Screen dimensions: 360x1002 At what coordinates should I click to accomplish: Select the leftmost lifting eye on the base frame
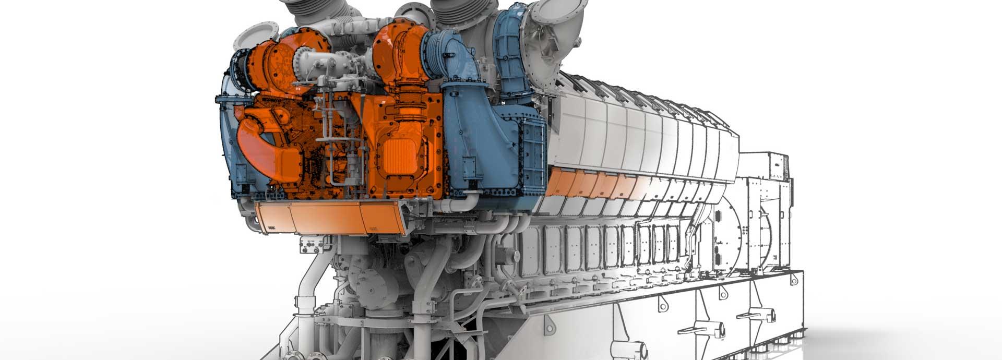(662, 303)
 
